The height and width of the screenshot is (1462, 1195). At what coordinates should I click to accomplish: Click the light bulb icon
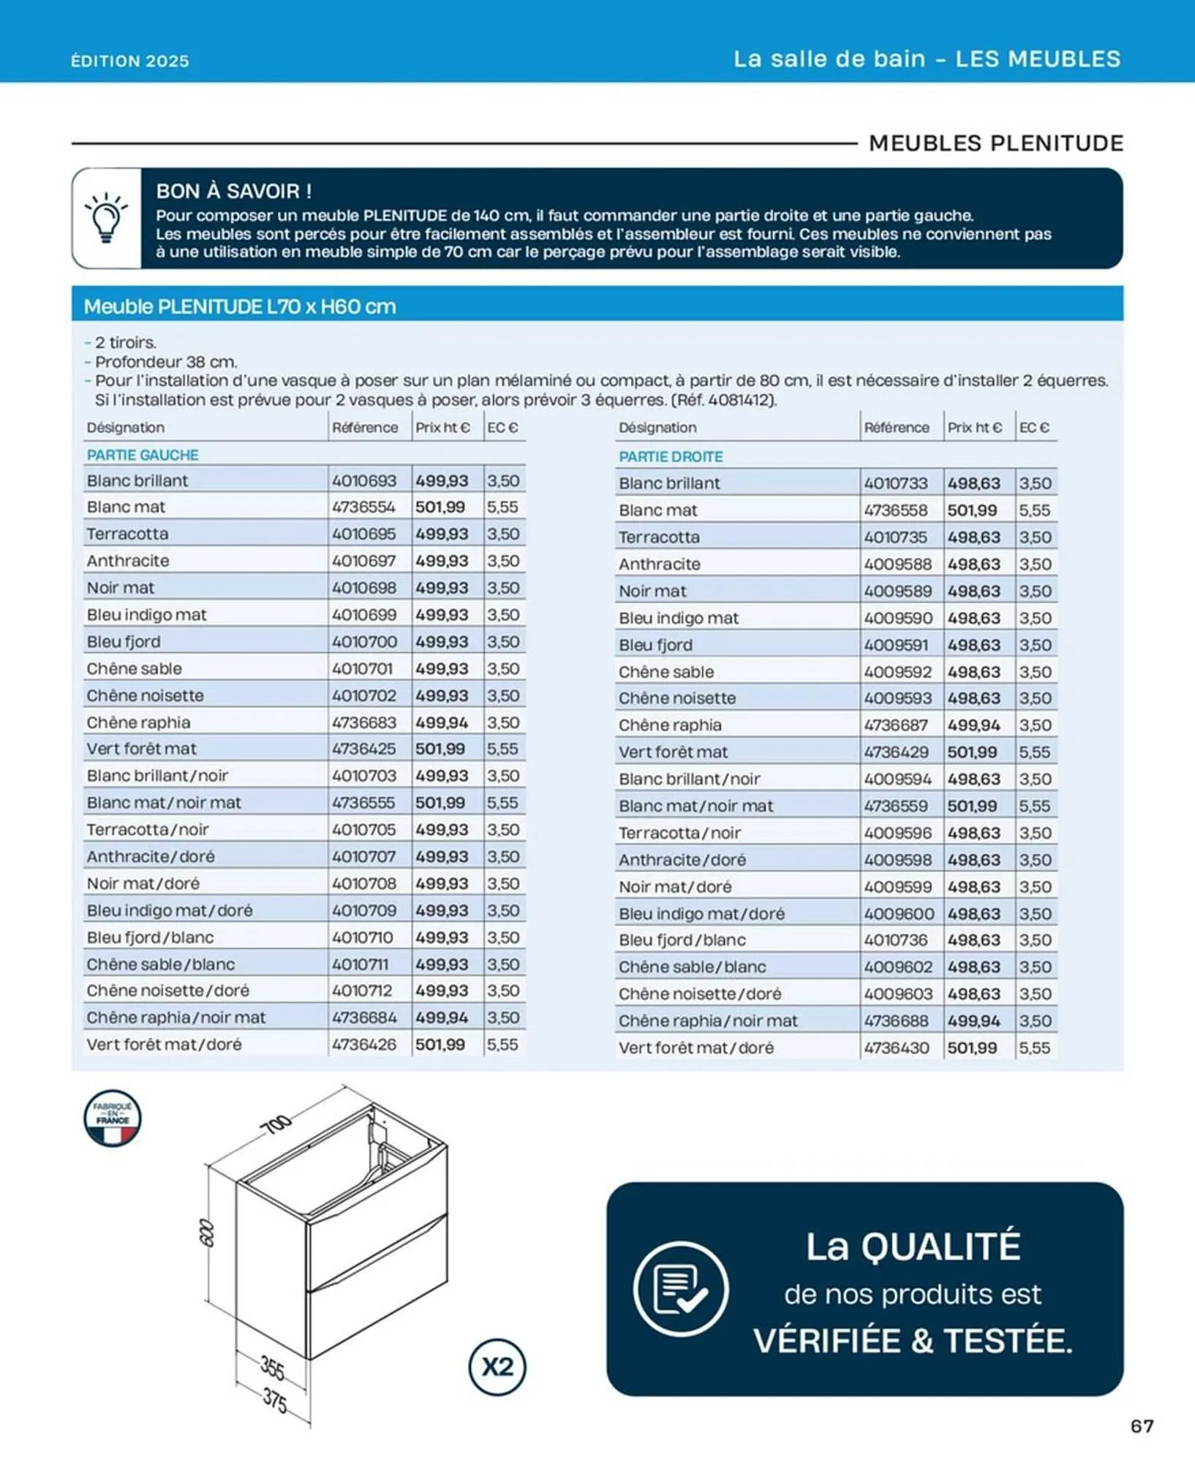(x=106, y=217)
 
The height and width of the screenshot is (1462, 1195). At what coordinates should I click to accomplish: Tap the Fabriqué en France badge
(x=112, y=1118)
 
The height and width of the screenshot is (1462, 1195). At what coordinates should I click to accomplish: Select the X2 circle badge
(x=497, y=1366)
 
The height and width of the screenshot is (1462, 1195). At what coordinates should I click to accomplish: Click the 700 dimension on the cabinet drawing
(x=276, y=1124)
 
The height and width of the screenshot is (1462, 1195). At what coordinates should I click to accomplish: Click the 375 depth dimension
(x=275, y=1400)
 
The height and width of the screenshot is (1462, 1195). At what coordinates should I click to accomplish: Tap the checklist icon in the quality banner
(x=681, y=1289)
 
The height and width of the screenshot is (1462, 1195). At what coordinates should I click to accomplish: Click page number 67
(x=1142, y=1425)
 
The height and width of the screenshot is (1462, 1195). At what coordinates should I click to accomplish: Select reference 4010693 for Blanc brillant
(x=364, y=480)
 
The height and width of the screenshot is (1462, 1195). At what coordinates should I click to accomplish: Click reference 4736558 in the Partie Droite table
(x=896, y=510)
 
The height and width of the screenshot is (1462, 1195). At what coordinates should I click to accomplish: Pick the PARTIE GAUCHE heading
(x=143, y=455)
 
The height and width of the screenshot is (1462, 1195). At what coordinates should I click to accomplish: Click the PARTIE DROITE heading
(x=671, y=456)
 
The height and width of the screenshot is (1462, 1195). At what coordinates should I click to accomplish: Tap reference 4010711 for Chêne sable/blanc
(x=361, y=964)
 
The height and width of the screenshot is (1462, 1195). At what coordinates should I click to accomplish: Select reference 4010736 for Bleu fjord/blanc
(x=896, y=940)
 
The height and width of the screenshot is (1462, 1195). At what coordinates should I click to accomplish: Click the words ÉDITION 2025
(x=130, y=61)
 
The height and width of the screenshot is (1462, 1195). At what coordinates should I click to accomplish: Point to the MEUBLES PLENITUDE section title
(x=995, y=143)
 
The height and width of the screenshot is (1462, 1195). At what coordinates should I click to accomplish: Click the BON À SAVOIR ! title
(x=233, y=192)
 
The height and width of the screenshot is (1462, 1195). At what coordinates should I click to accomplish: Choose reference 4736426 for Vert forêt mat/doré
(x=364, y=1045)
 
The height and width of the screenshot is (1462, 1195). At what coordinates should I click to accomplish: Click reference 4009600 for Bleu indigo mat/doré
(x=899, y=914)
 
